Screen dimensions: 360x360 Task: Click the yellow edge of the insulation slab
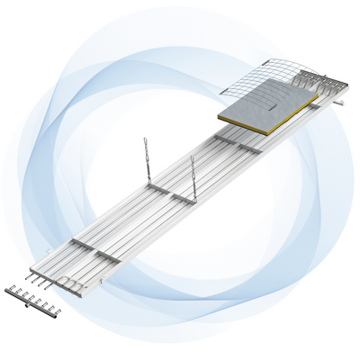point(270,121)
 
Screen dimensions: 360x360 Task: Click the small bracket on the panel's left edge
point(49,248)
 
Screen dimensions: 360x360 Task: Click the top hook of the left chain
point(144,141)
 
